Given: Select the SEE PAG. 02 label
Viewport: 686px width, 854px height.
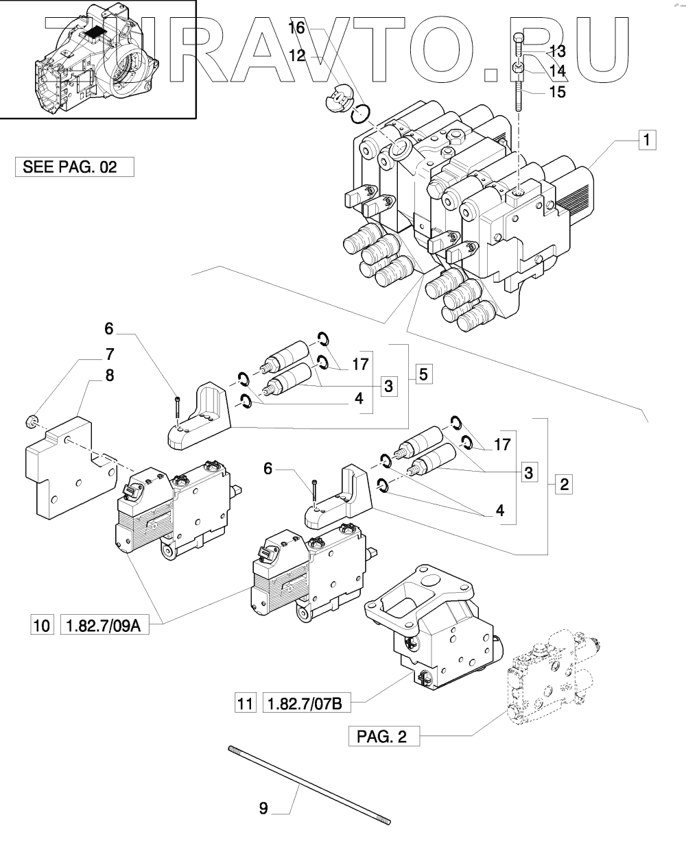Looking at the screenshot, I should [x=74, y=167].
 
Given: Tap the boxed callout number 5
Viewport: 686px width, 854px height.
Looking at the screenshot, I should [x=423, y=374].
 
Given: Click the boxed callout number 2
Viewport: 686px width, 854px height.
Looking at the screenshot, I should [x=563, y=485].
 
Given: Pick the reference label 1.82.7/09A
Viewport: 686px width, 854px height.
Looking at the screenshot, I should [x=106, y=625].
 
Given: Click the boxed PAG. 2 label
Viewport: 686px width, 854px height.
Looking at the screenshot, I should [x=383, y=737].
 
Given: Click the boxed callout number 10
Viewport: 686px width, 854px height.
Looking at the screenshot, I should [x=41, y=625].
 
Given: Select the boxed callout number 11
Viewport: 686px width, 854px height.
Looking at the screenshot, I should [x=245, y=703].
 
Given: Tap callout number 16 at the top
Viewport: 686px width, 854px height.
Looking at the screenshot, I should [x=296, y=28].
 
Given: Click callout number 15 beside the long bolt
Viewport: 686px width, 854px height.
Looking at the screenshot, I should [x=558, y=91].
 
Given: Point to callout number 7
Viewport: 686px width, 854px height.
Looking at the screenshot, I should [x=109, y=354].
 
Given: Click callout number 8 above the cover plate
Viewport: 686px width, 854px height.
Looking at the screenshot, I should [x=109, y=376].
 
